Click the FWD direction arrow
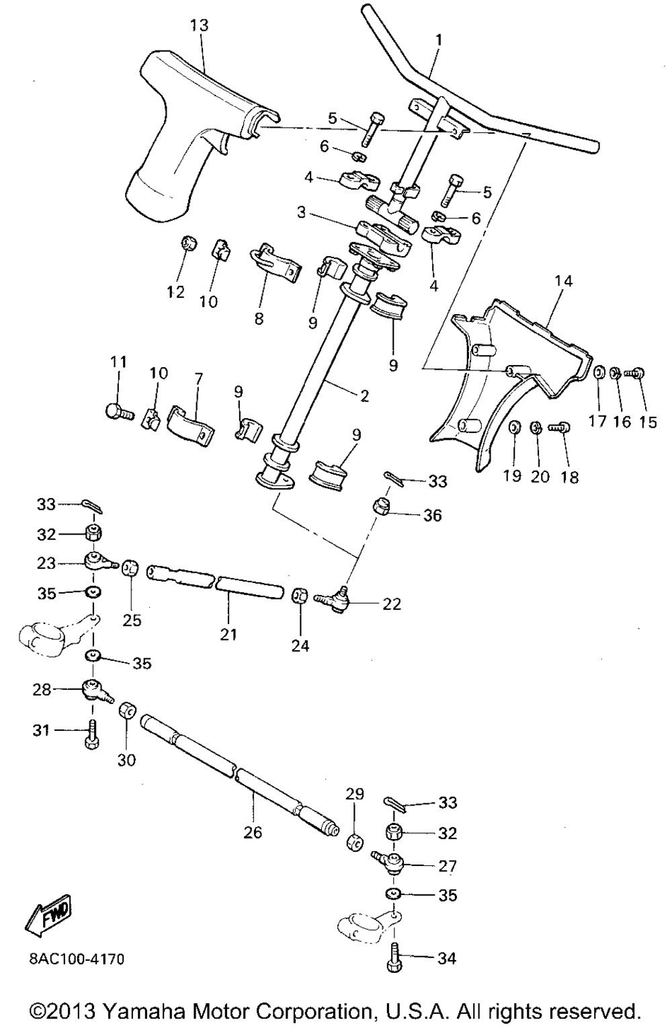click(x=48, y=916)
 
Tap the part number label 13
click(x=200, y=26)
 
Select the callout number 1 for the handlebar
click(x=439, y=40)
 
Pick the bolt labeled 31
click(x=92, y=732)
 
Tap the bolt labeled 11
click(x=117, y=408)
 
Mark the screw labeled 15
click(x=635, y=371)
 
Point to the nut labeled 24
click(x=300, y=596)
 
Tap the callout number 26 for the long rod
click(x=253, y=832)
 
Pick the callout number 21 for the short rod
click(x=228, y=634)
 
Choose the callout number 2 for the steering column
click(x=364, y=396)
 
